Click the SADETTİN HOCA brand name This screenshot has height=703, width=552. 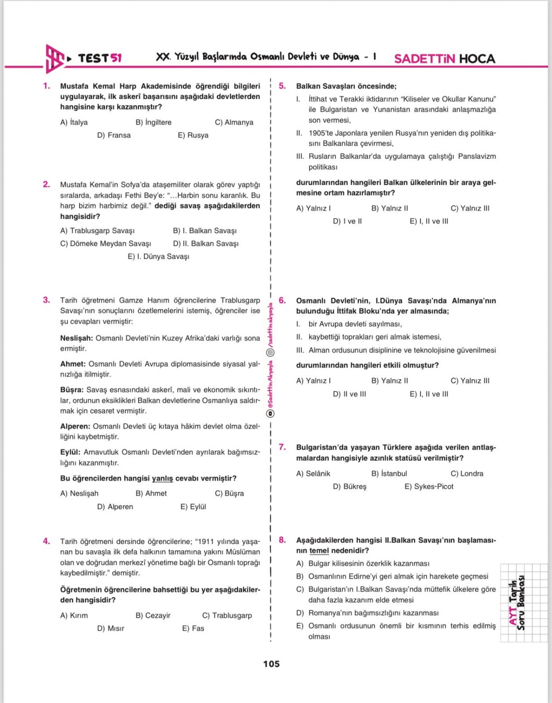[x=444, y=59]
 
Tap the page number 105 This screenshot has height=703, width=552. [x=271, y=663]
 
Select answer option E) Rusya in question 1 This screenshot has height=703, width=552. [x=193, y=135]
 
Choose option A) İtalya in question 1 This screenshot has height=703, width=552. [x=74, y=122]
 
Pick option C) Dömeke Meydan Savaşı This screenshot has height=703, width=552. [x=105, y=244]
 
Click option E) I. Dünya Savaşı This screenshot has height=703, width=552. [x=158, y=257]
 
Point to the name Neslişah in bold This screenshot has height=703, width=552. [x=76, y=338]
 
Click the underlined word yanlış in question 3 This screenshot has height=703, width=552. [x=162, y=478]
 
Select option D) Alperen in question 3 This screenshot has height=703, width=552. [x=115, y=507]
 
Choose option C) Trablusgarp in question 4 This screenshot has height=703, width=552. [x=227, y=615]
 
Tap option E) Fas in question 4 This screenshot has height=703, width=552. [x=193, y=629]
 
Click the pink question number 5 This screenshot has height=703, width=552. [x=282, y=86]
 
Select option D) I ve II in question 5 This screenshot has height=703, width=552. [x=347, y=221]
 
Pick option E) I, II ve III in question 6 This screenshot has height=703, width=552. [x=429, y=394]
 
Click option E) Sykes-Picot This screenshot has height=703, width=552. [x=429, y=486]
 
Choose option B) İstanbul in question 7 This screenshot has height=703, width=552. [x=389, y=474]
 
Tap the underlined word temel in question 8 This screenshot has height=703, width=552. [x=319, y=550]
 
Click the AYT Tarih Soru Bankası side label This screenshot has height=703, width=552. [x=516, y=602]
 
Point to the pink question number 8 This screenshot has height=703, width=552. [x=282, y=540]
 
